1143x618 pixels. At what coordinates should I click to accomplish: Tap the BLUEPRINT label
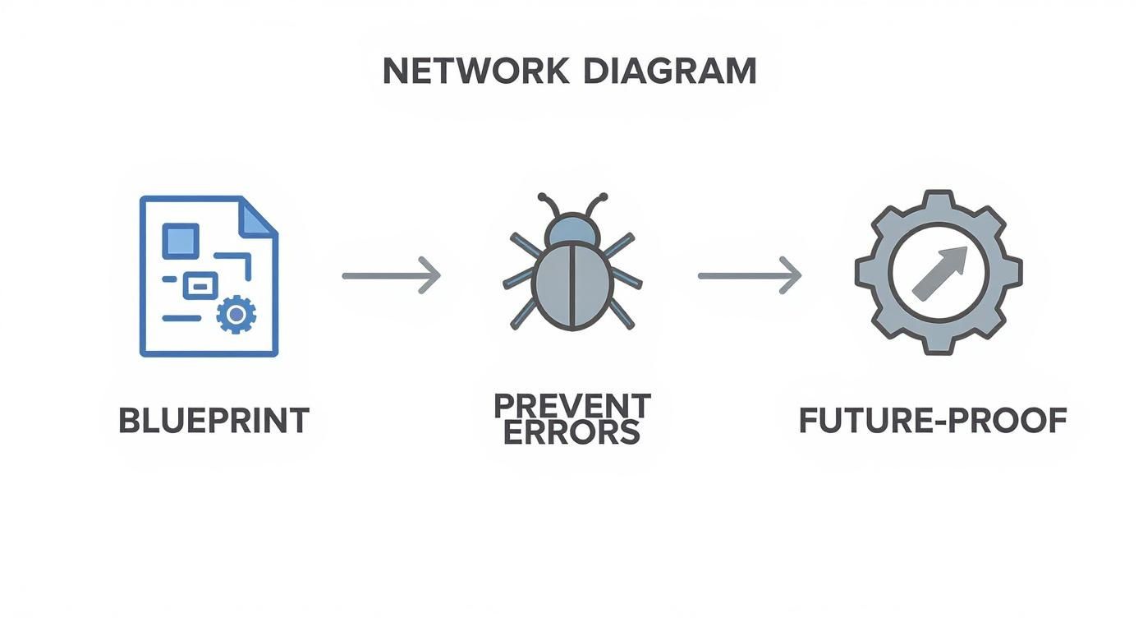point(213,420)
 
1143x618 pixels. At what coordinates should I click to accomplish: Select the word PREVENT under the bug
point(571,406)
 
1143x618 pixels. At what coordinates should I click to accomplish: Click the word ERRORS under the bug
point(571,432)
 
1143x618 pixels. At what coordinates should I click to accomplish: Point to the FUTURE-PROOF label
point(933,420)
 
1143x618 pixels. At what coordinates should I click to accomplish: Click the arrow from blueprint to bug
point(391,275)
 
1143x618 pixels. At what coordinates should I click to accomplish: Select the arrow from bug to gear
point(749,275)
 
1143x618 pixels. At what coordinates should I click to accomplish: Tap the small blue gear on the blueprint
point(236,314)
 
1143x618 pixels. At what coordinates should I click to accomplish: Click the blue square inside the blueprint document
point(181,240)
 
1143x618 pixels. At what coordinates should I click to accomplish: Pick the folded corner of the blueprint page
point(258,216)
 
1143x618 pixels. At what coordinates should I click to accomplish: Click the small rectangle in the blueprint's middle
point(200,285)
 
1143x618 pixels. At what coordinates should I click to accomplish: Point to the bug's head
point(571,229)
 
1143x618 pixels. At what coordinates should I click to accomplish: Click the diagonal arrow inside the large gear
point(939,271)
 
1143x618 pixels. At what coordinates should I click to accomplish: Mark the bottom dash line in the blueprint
point(181,318)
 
